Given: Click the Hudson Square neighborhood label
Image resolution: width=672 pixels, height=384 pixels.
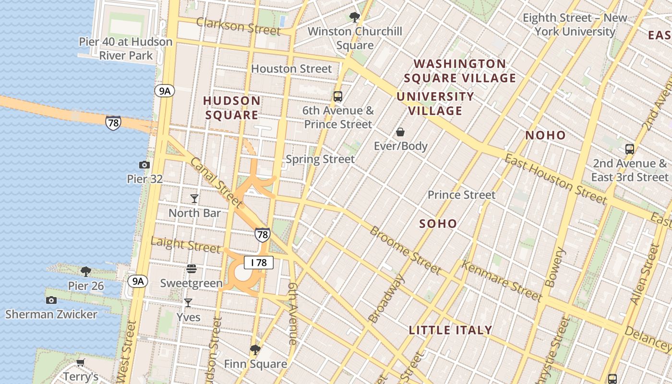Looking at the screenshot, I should pyautogui.click(x=232, y=108).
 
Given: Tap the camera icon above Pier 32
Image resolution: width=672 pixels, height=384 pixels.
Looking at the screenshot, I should pyautogui.click(x=144, y=165).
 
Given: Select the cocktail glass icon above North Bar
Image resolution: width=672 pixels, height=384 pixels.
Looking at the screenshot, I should pyautogui.click(x=194, y=199).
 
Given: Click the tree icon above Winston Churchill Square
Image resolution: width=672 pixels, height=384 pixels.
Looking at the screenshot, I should pyautogui.click(x=355, y=18).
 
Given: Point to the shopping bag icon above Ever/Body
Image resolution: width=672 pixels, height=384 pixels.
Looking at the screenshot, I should pyautogui.click(x=400, y=132).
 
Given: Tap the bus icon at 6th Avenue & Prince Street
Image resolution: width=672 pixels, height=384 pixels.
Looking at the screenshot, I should pyautogui.click(x=338, y=96).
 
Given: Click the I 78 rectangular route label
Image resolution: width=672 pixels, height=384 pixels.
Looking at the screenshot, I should pyautogui.click(x=259, y=263).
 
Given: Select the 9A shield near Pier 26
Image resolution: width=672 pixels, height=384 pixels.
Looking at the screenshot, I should pyautogui.click(x=138, y=281).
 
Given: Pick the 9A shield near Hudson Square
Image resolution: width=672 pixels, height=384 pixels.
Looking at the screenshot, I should pyautogui.click(x=165, y=91).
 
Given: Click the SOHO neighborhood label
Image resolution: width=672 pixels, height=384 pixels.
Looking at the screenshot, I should pyautogui.click(x=438, y=224).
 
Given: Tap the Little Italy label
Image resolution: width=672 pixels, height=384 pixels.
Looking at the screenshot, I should pyautogui.click(x=450, y=330).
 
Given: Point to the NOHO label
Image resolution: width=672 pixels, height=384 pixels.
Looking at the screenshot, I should pyautogui.click(x=546, y=135).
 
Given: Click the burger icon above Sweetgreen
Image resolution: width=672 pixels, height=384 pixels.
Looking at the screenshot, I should pyautogui.click(x=192, y=269).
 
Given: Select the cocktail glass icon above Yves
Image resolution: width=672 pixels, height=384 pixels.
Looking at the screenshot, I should pyautogui.click(x=188, y=303).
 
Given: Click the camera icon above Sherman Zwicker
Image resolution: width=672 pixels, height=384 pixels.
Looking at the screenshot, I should pyautogui.click(x=51, y=300).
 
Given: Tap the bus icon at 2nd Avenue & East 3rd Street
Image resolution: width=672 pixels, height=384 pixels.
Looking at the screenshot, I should pyautogui.click(x=630, y=149).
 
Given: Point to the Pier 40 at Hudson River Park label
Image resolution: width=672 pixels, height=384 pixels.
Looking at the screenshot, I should pyautogui.click(x=126, y=48).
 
